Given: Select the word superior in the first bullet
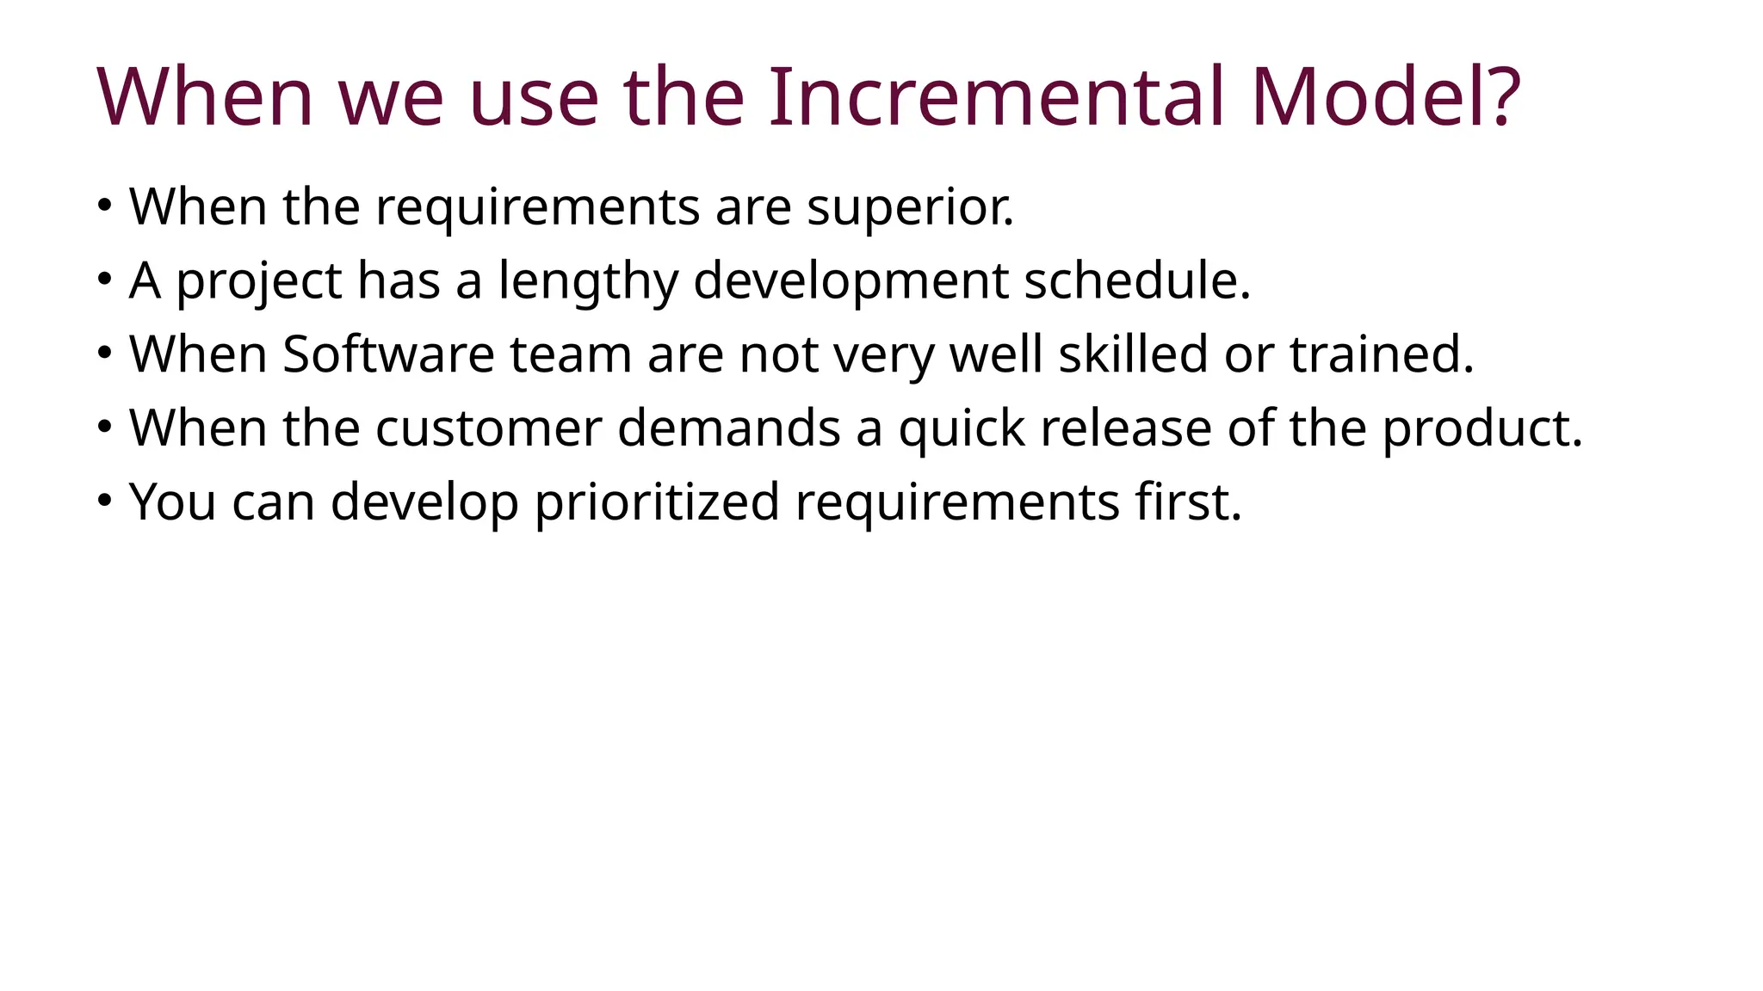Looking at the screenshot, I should coord(910,207).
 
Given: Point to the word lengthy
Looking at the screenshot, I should coord(588,281).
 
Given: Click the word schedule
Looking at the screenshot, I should coord(1136,280).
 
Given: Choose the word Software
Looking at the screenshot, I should coord(388,354).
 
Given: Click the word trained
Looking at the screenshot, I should coord(1381,354).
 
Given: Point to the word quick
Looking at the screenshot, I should coord(962,428).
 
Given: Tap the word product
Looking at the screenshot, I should coord(1482,428).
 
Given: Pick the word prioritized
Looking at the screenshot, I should coord(657,502).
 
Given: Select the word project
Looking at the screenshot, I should coord(258,281).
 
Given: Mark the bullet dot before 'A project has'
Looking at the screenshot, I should coord(104,279).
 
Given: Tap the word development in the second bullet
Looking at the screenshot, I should coord(851,281).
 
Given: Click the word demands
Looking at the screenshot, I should coord(728,428).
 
